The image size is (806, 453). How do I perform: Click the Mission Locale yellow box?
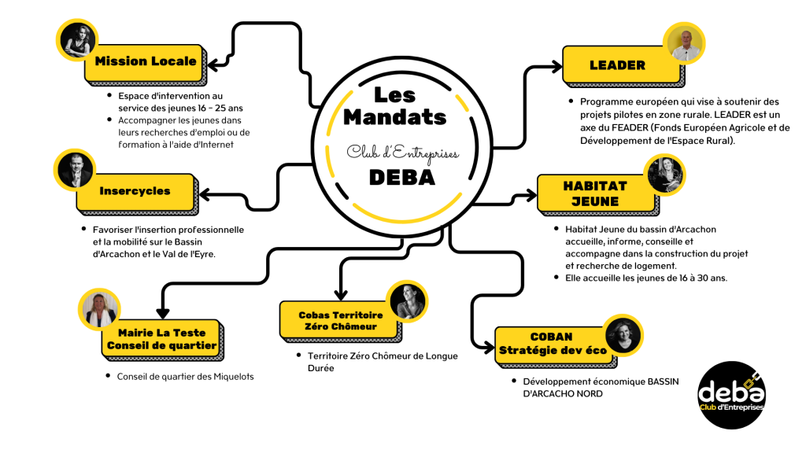pos(145,64)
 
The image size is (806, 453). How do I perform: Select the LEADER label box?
pos(623,66)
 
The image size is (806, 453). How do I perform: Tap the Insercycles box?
pos(137,194)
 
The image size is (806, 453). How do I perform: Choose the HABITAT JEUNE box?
pos(598,195)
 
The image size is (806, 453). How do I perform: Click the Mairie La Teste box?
pos(162,340)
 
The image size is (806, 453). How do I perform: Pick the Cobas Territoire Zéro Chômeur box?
pos(341,322)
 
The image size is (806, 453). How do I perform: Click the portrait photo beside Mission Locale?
pos(77,40)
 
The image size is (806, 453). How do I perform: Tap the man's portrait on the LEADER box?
pos(684,44)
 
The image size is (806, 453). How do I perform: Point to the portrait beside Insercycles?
pos(75,171)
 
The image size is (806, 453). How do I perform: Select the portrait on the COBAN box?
pos(623,335)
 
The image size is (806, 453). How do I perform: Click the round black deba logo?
pos(732,396)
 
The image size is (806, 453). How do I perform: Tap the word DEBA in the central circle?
pos(402,177)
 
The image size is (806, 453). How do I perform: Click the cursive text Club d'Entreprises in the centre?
pos(402,153)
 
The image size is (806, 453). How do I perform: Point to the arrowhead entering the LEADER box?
pos(557,66)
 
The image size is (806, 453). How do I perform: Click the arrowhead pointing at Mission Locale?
pos(213,64)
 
